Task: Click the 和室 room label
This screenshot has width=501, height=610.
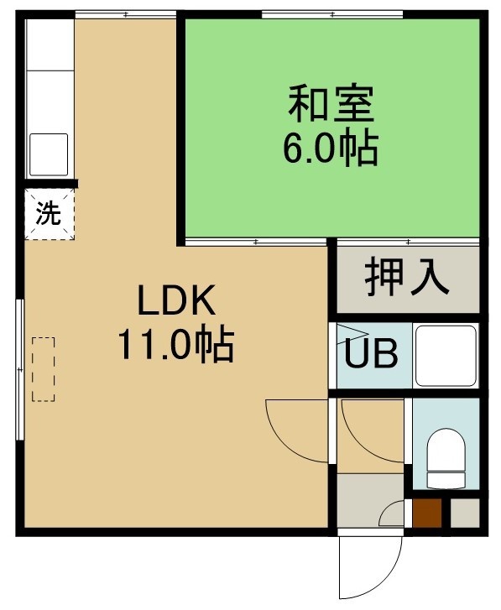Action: click(x=331, y=104)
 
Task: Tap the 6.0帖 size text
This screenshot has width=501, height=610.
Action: click(x=331, y=149)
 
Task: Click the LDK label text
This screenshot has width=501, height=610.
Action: click(x=176, y=300)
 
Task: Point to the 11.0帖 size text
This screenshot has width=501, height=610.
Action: click(x=176, y=345)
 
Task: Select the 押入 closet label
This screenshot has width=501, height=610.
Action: click(x=407, y=277)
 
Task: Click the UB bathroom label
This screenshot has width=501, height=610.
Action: click(x=372, y=353)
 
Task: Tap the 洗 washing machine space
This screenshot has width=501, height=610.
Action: click(x=50, y=214)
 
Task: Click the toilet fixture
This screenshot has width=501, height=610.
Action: click(x=446, y=458)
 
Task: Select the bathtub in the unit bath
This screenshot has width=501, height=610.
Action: click(x=446, y=356)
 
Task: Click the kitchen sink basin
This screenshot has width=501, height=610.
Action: click(x=49, y=154)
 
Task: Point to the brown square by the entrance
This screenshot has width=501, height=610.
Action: click(x=427, y=514)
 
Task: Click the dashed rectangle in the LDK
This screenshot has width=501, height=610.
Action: click(x=43, y=369)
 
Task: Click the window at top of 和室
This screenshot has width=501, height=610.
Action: click(x=332, y=15)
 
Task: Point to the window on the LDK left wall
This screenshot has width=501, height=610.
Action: click(x=20, y=369)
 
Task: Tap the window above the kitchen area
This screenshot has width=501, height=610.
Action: click(x=126, y=15)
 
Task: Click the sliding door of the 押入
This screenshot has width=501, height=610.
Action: click(x=408, y=242)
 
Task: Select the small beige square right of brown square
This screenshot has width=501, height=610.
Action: click(x=465, y=514)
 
